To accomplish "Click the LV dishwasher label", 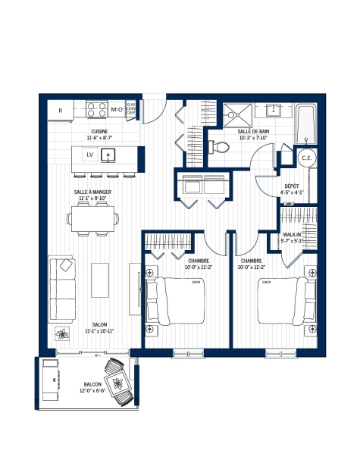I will pos(89,155).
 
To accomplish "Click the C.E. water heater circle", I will pos(308,158).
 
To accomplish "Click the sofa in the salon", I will pos(62,289).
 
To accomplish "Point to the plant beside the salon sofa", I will pos(62,334).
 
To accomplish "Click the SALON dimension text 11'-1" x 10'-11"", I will pos(99,331).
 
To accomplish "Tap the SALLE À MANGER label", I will pos(94,192).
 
